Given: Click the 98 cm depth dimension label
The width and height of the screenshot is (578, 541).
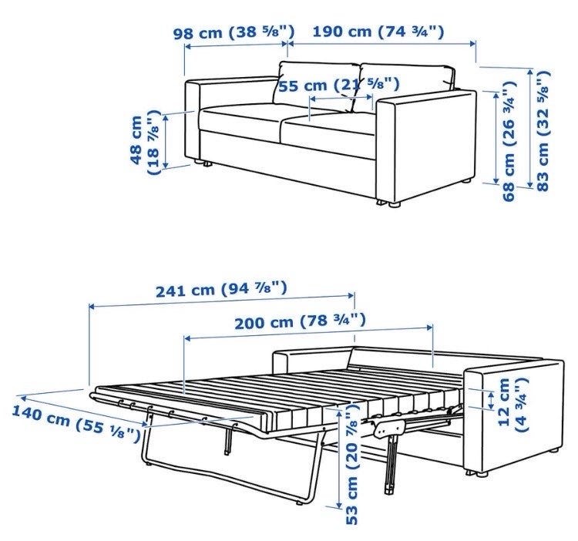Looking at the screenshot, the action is tap(234, 32).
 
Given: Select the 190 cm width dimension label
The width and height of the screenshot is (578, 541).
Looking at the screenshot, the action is tap(378, 32).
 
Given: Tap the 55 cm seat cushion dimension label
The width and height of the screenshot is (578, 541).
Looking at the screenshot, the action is tap(339, 86).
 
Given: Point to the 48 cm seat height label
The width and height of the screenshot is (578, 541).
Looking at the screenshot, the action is tap(145, 143).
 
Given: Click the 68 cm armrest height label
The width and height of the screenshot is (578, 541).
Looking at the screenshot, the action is tap(510, 141).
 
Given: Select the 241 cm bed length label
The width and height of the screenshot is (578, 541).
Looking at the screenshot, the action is tap(221, 290).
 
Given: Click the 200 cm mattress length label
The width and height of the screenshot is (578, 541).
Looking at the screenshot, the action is tap(301, 321).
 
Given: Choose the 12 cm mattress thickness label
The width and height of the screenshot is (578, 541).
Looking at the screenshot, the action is tap(513, 405).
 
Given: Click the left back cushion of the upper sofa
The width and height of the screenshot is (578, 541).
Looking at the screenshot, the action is tap(316, 83).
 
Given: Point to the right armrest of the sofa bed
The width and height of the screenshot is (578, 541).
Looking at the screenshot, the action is tap(515, 417).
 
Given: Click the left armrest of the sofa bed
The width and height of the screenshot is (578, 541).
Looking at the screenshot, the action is tap(312, 361).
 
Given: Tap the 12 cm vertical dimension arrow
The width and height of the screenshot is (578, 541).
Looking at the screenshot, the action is tap(491, 401).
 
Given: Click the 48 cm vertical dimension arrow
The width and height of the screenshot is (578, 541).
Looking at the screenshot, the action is tap(166, 142).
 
